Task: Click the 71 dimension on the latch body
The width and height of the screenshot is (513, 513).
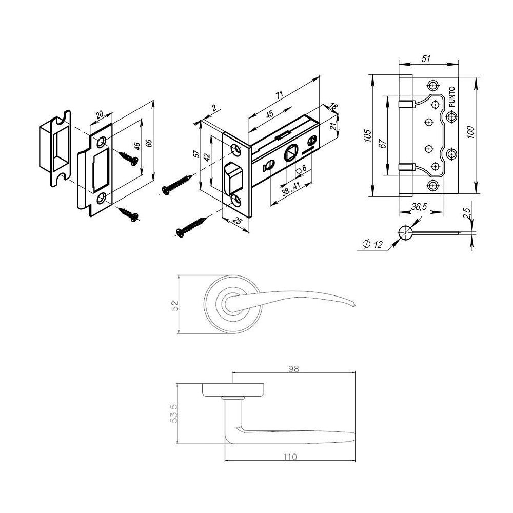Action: (x=279, y=95)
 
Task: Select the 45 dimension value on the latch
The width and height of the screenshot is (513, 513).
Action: (x=269, y=115)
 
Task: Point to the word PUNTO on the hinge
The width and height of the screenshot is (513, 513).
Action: (x=452, y=97)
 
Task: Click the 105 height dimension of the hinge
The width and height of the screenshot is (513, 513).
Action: (x=367, y=135)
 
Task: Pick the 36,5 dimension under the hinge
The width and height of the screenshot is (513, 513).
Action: (x=419, y=207)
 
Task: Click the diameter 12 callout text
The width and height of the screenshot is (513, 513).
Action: (x=372, y=244)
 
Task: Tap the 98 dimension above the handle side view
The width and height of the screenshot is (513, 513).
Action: (x=293, y=369)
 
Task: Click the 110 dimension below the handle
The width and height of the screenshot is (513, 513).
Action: (x=290, y=457)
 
